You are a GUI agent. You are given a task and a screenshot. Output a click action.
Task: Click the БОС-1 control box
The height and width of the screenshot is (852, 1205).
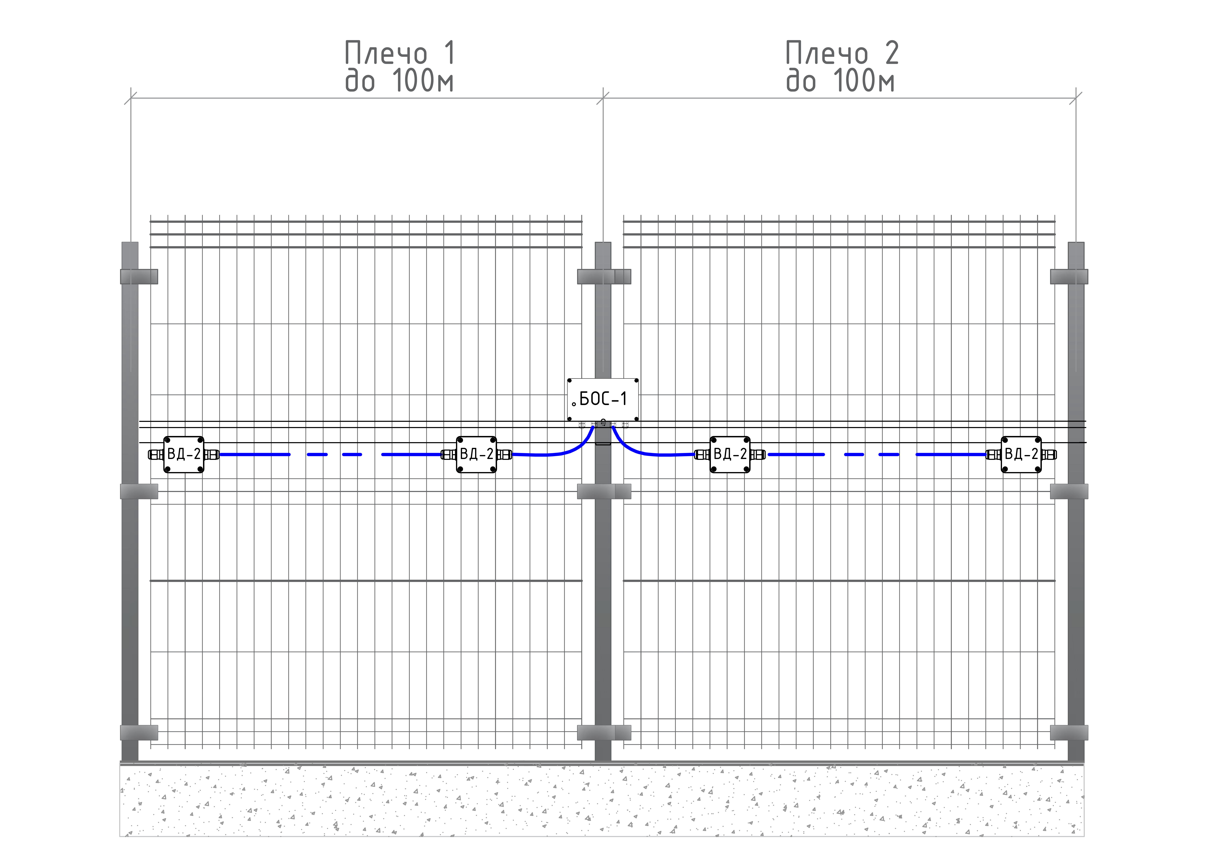[602, 399]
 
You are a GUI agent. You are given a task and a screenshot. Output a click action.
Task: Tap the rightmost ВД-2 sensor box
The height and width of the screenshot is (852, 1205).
[1021, 455]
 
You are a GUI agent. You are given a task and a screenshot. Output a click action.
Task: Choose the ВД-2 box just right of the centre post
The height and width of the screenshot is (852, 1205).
[729, 455]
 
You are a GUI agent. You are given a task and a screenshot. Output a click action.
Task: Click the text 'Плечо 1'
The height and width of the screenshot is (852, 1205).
[400, 53]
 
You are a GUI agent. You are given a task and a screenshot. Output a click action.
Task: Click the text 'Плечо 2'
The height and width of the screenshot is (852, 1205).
[842, 53]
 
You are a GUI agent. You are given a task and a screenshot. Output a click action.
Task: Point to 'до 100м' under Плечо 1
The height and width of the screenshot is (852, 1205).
[399, 81]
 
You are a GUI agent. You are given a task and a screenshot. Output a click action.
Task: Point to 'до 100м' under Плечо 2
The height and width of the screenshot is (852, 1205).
[840, 81]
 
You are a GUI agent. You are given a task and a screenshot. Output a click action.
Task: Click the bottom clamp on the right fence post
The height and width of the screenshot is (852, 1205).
[1069, 732]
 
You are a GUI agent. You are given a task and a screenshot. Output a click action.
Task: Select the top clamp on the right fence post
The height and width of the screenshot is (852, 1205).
[1069, 277]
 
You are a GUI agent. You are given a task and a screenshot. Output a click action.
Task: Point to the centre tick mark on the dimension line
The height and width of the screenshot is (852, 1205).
[603, 98]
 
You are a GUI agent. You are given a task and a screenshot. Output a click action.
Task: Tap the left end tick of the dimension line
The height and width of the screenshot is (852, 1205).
[131, 98]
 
